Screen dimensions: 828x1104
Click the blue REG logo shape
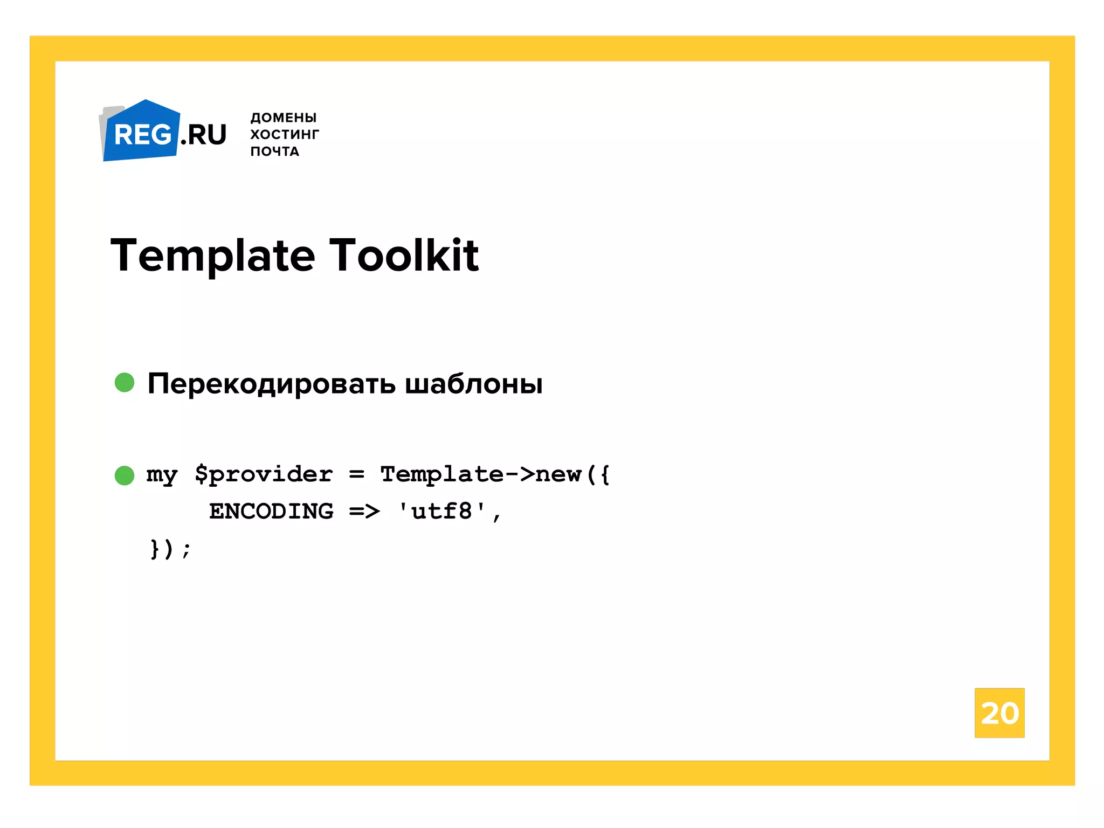(141, 132)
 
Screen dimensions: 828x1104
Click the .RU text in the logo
(204, 135)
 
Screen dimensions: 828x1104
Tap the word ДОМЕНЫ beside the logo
(284, 118)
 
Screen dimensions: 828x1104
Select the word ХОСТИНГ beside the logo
(285, 134)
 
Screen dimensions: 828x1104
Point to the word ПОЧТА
(274, 151)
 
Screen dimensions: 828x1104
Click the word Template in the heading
(213, 256)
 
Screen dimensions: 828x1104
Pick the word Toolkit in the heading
(404, 256)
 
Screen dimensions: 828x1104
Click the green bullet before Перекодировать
(125, 383)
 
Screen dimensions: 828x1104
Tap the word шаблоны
(473, 384)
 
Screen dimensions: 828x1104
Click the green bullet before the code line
(125, 475)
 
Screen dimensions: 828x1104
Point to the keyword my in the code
(162, 475)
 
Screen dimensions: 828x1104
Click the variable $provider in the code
(264, 475)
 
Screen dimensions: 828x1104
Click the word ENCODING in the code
(271, 511)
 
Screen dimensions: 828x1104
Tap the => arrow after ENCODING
(364, 511)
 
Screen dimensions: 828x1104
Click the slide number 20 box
(999, 713)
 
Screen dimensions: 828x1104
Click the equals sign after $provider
(356, 475)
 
